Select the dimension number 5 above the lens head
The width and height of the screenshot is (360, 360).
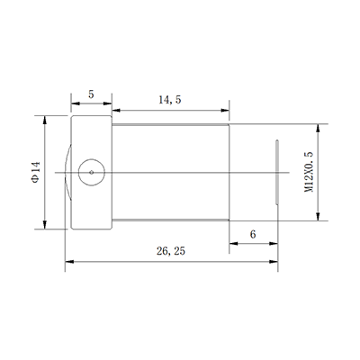pos(92,94)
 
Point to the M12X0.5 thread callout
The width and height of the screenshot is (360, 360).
pos(309,170)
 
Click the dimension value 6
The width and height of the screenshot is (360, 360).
pos(252,233)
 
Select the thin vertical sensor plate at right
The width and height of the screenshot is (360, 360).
pos(277,170)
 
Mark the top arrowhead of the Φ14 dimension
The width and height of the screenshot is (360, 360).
pos(46,118)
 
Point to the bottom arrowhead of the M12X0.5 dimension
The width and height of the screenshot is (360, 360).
pos(322,216)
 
